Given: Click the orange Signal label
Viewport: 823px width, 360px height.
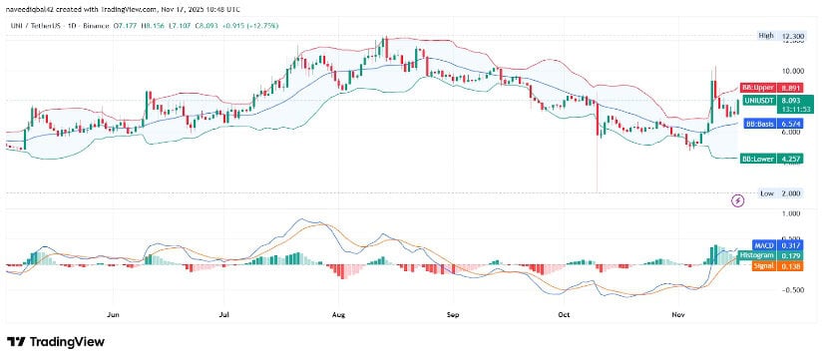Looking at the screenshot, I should coord(759,266).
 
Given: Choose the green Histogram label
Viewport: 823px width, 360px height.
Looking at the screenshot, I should coord(759,256).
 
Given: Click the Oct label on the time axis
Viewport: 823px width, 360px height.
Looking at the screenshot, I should coord(563,312).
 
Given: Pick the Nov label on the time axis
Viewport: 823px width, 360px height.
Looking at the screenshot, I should coord(678,312).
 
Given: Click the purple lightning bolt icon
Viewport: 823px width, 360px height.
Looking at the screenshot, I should coord(737,199).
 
